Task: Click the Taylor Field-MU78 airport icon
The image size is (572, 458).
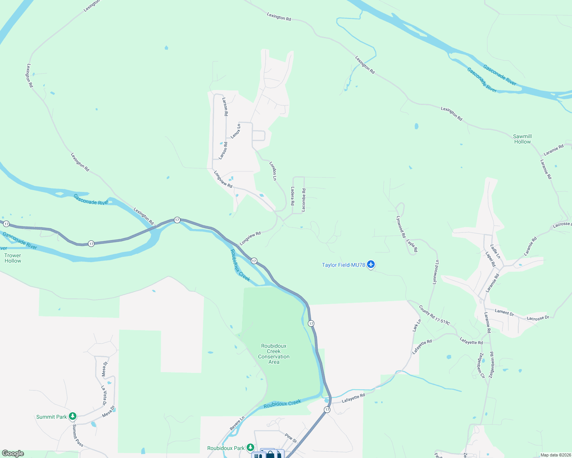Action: click(x=370, y=264)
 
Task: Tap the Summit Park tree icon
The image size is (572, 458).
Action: click(x=73, y=416)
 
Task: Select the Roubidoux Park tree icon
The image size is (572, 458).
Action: click(x=250, y=447)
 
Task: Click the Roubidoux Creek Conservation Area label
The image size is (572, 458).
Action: click(x=274, y=354)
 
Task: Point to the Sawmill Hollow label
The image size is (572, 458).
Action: click(x=522, y=139)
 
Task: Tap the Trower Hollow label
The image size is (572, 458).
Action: click(x=13, y=258)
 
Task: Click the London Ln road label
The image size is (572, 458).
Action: click(x=273, y=171)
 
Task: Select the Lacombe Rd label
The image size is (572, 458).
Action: click(x=304, y=200)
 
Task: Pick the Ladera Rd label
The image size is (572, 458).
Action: click(x=292, y=196)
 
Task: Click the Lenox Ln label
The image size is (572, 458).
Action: click(x=236, y=131)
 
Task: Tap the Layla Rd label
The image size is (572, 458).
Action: click(x=412, y=246)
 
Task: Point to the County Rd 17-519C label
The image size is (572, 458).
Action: click(x=434, y=315)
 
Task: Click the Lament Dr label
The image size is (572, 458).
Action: click(x=504, y=312)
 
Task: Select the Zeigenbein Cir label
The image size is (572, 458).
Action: click(x=481, y=365)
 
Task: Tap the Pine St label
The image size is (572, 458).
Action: click(x=291, y=438)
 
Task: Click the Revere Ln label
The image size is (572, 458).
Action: click(x=237, y=424)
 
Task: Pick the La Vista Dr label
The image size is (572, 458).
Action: click(x=104, y=395)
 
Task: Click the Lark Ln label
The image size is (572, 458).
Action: click(x=417, y=325)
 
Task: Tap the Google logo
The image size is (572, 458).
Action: click(x=13, y=453)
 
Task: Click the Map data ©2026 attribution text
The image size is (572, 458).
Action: click(x=554, y=455)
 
